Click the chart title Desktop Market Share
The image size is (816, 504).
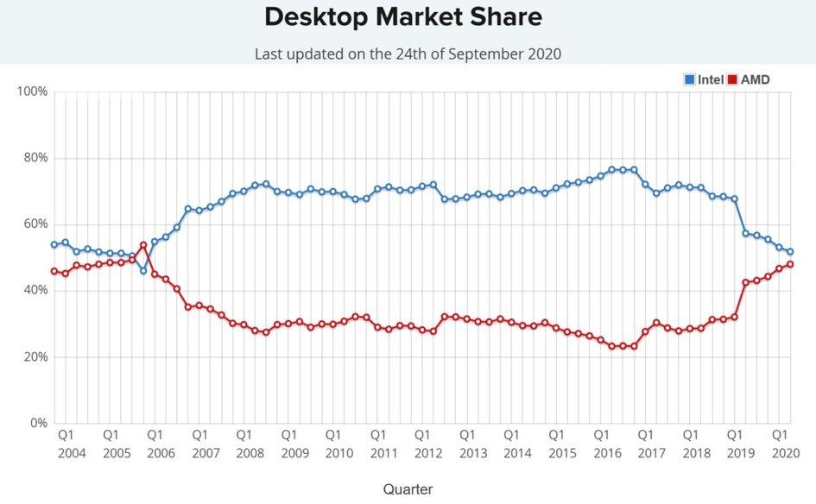(403, 16)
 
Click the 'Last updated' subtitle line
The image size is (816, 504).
(408, 54)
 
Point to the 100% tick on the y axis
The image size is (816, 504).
(32, 91)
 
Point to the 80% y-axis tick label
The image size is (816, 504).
(35, 158)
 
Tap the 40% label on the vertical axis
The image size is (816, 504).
(35, 290)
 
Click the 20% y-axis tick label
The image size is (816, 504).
(35, 356)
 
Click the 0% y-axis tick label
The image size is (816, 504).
(38, 423)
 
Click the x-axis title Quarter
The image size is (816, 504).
(408, 488)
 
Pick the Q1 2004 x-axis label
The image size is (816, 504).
(66, 444)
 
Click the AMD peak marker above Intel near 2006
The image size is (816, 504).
(143, 245)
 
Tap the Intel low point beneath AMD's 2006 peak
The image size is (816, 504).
(143, 271)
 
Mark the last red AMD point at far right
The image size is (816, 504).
(790, 264)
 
